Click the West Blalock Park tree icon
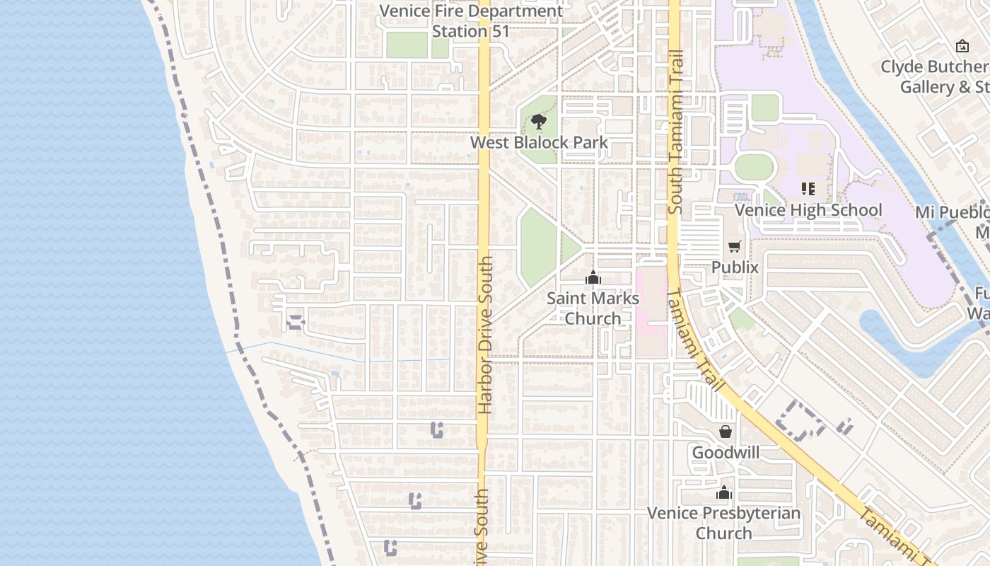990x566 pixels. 539,122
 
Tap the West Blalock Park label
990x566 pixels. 539,142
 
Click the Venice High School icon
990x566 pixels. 808,189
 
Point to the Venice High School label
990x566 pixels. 808,210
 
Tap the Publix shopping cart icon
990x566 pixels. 735,247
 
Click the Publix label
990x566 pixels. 735,267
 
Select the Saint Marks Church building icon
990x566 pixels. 593,278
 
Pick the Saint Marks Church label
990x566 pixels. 593,308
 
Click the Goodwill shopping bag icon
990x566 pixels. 726,432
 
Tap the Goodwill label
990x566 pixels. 726,452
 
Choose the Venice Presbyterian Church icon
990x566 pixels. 724,492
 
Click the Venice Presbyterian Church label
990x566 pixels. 724,523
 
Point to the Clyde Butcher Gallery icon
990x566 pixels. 962,47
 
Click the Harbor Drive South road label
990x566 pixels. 485,335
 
